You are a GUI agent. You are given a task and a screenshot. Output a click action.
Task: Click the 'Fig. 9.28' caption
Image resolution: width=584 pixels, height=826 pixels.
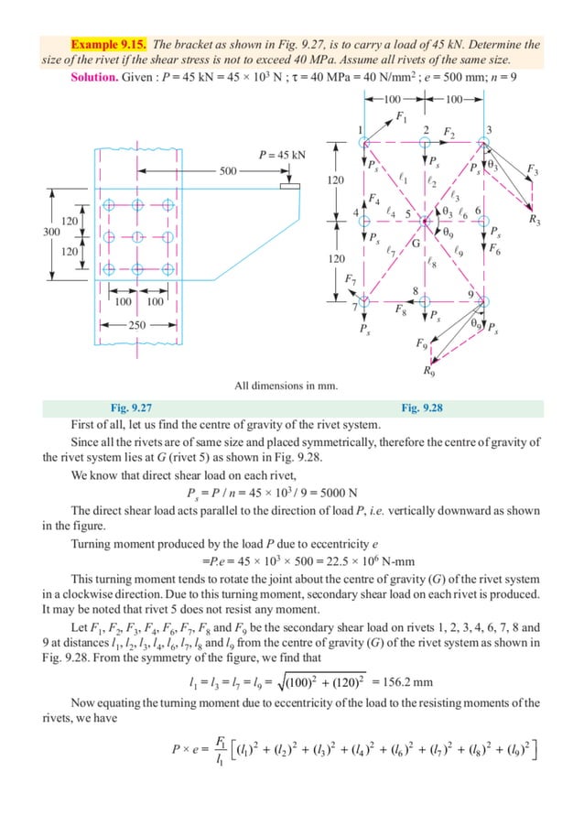[x=422, y=408]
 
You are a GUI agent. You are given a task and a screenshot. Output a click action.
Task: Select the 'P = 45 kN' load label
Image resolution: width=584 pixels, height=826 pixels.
[x=281, y=155]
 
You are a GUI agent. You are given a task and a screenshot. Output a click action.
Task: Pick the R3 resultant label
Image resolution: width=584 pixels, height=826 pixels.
[x=535, y=220]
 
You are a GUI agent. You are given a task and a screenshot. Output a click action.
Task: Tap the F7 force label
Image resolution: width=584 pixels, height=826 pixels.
[x=350, y=277]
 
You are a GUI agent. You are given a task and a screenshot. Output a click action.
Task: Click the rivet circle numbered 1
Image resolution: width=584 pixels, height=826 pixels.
[x=364, y=143]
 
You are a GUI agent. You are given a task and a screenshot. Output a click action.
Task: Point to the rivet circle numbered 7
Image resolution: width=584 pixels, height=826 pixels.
[x=364, y=299]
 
